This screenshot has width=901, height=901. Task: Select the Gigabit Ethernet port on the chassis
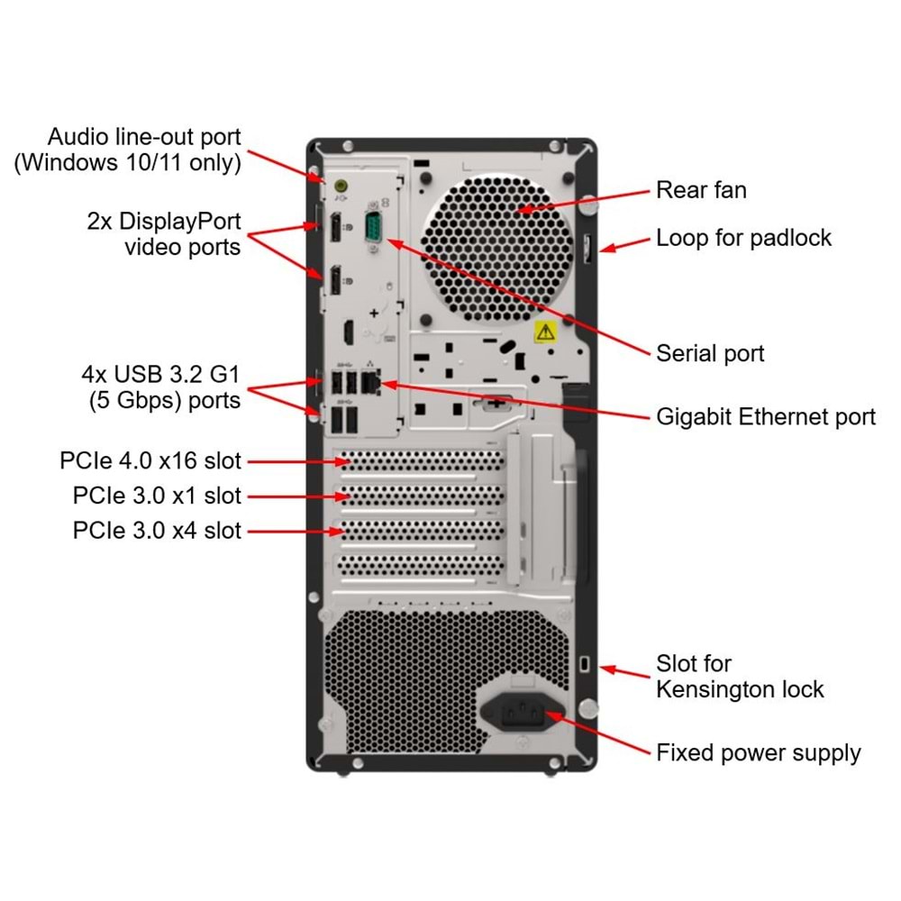369,382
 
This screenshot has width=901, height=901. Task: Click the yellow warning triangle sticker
545,332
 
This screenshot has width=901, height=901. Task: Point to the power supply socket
523,713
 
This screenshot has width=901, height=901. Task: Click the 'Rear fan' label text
701,190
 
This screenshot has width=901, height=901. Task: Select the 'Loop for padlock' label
743,238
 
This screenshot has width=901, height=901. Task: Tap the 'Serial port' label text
710,353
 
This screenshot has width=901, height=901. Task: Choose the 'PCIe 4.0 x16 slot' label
150,461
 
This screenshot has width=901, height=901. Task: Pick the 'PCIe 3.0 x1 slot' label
157,496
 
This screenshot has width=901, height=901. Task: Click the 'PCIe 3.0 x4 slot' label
157,531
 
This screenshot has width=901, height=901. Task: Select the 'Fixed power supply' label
758,752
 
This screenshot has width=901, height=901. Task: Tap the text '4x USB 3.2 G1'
160,373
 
